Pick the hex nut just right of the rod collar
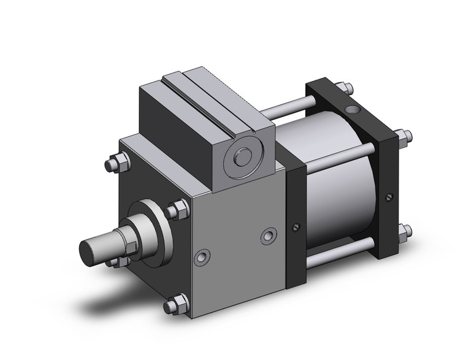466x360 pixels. (x=178, y=210)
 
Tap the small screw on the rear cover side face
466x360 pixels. (x=389, y=197)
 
